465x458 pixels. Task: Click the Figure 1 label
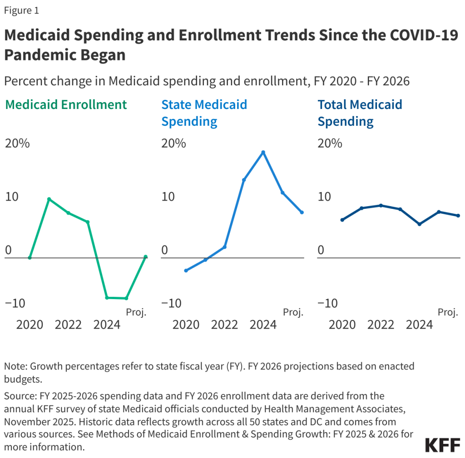click(21, 11)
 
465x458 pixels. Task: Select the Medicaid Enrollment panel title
click(66, 104)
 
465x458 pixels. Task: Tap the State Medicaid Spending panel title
click(204, 113)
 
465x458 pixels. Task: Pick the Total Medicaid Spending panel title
click(360, 113)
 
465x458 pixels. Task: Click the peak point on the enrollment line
click(49, 199)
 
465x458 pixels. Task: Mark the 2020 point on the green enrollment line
click(30, 257)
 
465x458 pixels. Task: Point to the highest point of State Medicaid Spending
click(263, 152)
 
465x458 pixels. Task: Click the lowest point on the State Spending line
click(186, 271)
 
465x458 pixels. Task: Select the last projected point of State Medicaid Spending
click(302, 212)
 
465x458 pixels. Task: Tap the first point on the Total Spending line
click(342, 220)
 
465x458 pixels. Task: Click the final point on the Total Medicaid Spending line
click(458, 216)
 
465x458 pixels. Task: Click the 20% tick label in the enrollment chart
click(17, 143)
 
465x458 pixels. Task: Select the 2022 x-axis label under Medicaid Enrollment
click(69, 325)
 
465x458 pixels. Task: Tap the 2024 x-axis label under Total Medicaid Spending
click(419, 325)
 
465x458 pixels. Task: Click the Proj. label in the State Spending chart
click(293, 312)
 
